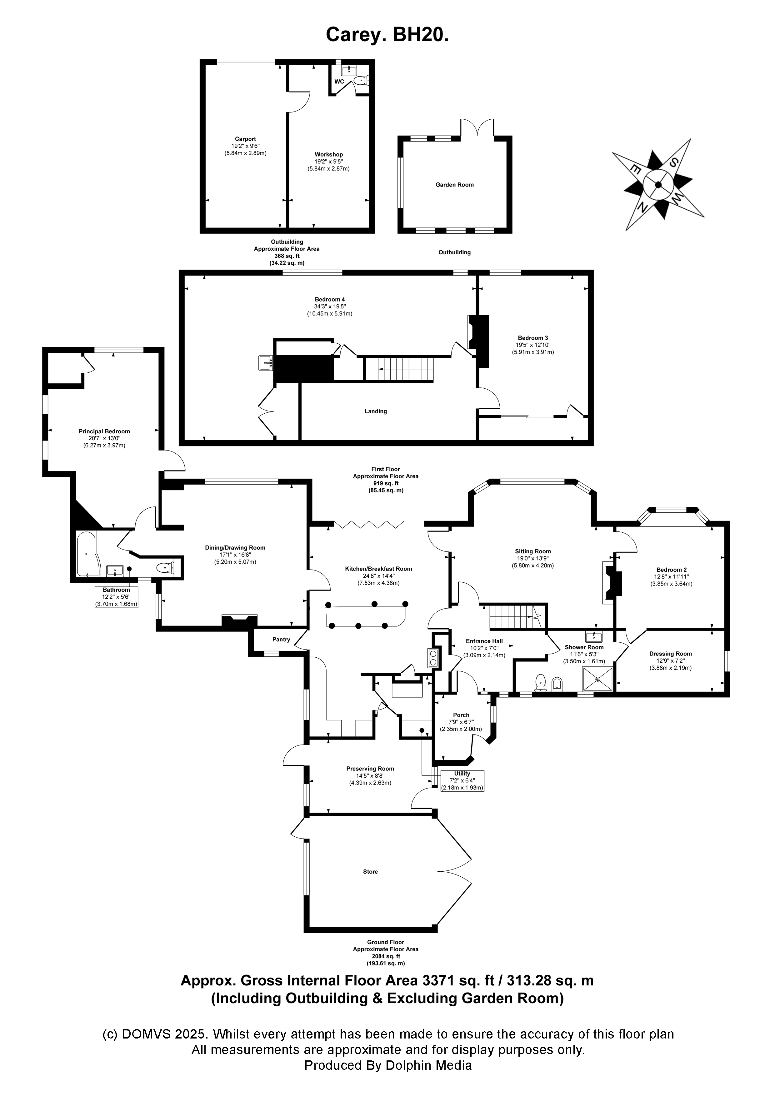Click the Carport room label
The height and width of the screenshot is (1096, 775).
[x=245, y=139]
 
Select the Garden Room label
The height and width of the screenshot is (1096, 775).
[x=454, y=185]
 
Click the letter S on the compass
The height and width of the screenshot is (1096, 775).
[x=674, y=162]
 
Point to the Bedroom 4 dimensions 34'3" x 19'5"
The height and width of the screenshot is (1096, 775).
[x=329, y=306]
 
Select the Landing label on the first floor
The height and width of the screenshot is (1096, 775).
[x=375, y=411]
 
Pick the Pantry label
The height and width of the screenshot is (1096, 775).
[x=281, y=639]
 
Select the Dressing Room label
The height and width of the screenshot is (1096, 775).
[x=670, y=654]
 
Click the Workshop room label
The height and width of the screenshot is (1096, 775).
[x=328, y=154]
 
